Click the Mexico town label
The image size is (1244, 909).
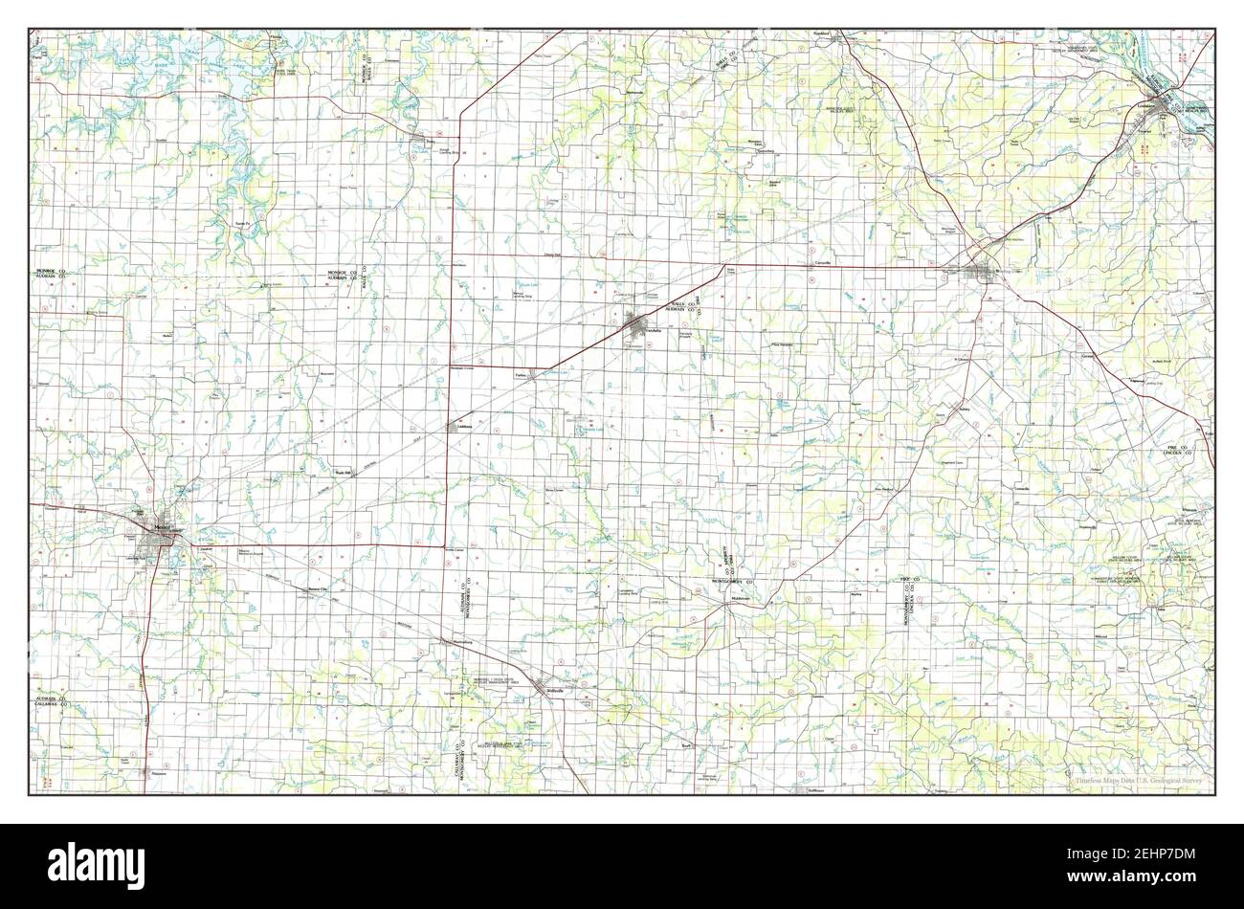[166, 526]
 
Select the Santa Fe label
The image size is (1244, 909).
[242, 223]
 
